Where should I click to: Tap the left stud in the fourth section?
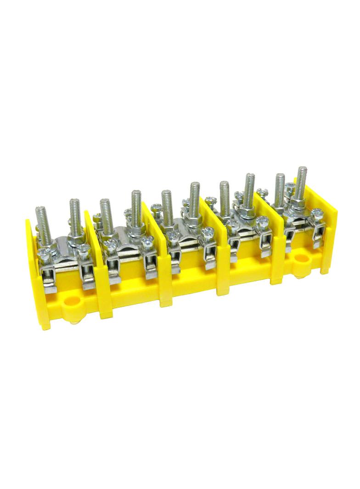tap(225, 194)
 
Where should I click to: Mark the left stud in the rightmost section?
tap(280, 188)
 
